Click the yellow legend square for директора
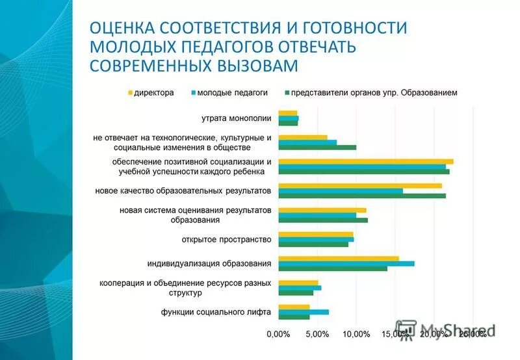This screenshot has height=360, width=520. (131, 93)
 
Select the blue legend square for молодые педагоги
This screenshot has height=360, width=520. (194, 93)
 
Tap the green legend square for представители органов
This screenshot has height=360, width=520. (287, 93)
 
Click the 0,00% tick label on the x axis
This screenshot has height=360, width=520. (278, 334)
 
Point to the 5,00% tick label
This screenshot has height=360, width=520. (317, 334)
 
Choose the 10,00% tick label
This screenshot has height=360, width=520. (356, 334)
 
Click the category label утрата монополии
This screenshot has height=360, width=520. (236, 118)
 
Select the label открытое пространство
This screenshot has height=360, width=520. (226, 239)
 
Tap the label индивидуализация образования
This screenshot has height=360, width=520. (209, 263)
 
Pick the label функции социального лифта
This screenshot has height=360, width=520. (216, 312)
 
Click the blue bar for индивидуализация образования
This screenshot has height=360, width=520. (346, 263)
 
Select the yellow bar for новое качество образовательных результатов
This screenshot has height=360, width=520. (359, 186)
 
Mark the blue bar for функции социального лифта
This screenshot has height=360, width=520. (303, 312)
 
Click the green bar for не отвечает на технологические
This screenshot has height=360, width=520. (317, 147)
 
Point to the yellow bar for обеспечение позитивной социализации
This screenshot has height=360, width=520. (365, 161)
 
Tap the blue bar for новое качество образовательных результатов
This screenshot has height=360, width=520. (340, 191)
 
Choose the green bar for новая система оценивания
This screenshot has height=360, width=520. (322, 220)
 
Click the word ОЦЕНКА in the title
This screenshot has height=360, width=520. (122, 28)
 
